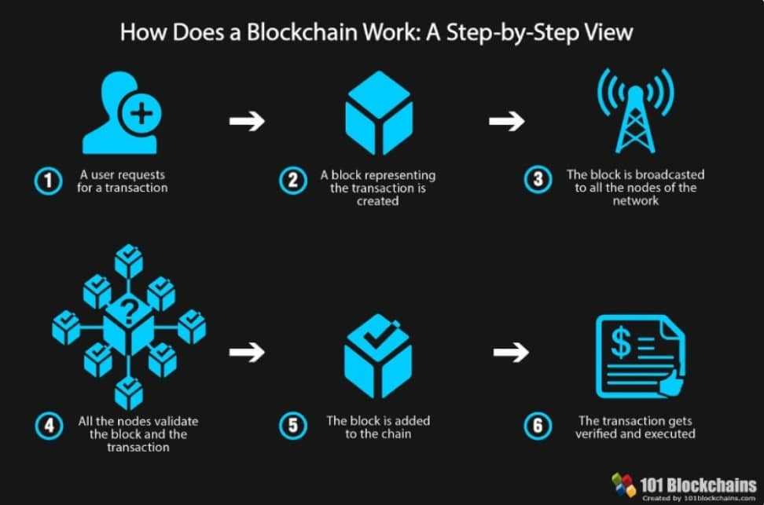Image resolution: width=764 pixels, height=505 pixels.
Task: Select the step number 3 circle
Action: (x=538, y=181)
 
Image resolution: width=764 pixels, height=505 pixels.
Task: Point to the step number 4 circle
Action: (x=48, y=426)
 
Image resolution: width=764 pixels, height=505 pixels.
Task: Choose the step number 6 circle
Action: (x=538, y=426)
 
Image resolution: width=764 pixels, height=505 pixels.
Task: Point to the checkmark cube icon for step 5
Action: (x=378, y=357)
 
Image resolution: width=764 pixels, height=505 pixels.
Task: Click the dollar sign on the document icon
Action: (x=620, y=343)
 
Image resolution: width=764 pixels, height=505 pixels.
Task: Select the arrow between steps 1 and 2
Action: (x=247, y=121)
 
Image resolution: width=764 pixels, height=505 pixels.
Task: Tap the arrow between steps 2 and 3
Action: (x=506, y=121)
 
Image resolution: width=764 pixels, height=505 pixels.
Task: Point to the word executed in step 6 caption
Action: (x=668, y=434)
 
